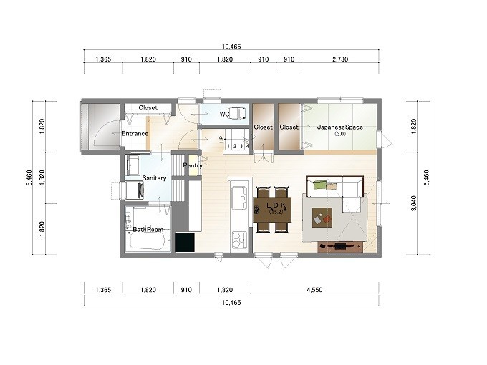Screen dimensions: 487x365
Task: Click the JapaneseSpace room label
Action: click(x=339, y=127)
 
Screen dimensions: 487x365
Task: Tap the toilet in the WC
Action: click(x=238, y=113)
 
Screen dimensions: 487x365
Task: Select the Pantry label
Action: click(x=193, y=165)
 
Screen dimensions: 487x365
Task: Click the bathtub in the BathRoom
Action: click(x=147, y=241)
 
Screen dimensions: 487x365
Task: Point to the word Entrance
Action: click(x=135, y=134)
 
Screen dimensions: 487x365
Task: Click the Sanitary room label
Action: click(x=154, y=178)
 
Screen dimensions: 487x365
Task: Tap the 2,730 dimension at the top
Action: click(x=340, y=59)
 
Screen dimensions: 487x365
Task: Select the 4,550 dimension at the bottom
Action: click(x=314, y=290)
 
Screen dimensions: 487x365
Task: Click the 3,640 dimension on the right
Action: click(x=413, y=203)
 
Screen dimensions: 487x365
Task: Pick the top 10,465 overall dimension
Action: click(x=231, y=47)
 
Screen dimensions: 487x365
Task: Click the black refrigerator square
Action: click(x=185, y=242)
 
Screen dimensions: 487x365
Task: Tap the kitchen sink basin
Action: click(x=238, y=198)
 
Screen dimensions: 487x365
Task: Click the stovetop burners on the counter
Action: click(x=238, y=240)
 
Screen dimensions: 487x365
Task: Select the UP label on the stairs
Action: click(x=221, y=139)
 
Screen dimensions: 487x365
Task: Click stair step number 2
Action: click(x=235, y=146)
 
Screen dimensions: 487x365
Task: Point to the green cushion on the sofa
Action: click(x=320, y=185)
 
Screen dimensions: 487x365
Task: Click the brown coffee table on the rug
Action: click(x=322, y=218)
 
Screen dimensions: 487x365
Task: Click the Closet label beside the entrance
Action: click(x=148, y=107)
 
